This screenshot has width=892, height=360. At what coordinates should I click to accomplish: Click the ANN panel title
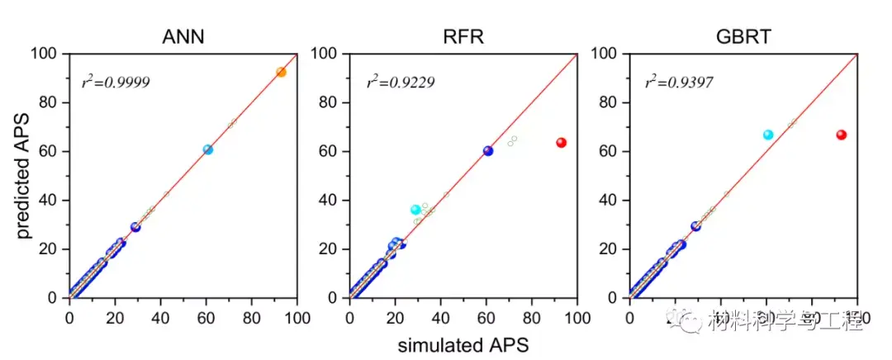[183, 37]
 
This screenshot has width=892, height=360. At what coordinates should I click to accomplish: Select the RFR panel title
[463, 37]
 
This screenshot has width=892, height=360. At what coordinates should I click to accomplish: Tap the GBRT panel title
[743, 37]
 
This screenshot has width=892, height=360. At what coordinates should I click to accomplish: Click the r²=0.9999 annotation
[116, 83]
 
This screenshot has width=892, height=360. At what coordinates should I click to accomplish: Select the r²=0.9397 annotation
[681, 83]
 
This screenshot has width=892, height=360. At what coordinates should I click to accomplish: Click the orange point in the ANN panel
[281, 73]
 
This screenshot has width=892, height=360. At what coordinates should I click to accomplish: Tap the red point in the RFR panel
[561, 143]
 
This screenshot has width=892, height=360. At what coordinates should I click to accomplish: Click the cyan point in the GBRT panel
[767, 135]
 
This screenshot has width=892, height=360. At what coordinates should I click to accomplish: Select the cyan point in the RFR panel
[415, 210]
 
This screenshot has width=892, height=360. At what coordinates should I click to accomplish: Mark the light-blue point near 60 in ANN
[207, 149]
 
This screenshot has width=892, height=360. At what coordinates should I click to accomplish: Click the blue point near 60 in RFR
[487, 151]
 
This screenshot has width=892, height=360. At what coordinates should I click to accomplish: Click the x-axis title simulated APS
[463, 343]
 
